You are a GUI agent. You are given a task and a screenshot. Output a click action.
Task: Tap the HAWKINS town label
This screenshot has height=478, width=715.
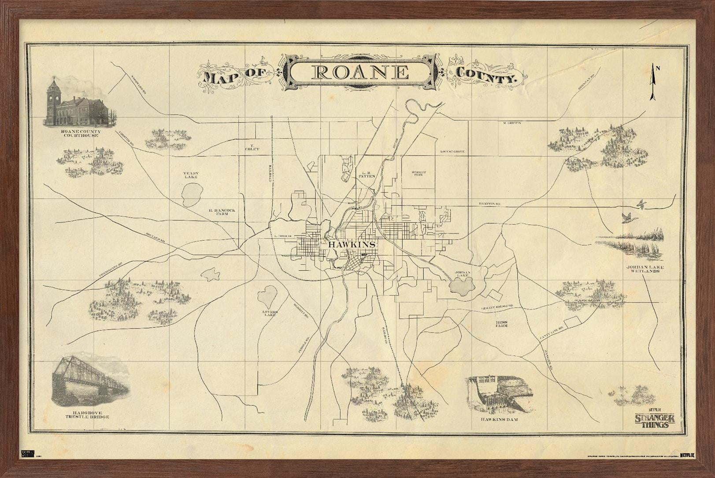[x=352, y=245]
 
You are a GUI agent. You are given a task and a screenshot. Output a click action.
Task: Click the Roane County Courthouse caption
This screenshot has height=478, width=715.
[x=80, y=133]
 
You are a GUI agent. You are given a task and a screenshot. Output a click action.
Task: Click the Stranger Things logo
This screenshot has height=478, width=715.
[x=655, y=420]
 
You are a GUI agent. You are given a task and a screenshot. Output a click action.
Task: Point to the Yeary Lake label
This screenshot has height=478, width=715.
[x=191, y=175]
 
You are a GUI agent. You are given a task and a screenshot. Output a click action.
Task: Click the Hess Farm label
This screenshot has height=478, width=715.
[x=501, y=323]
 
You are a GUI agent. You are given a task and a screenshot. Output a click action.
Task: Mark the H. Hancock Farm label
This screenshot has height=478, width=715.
[x=222, y=212]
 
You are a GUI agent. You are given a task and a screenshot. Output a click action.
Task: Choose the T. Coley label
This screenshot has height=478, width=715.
[x=252, y=147]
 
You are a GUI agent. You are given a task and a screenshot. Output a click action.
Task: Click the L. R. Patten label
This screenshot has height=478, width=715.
[x=367, y=174]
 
